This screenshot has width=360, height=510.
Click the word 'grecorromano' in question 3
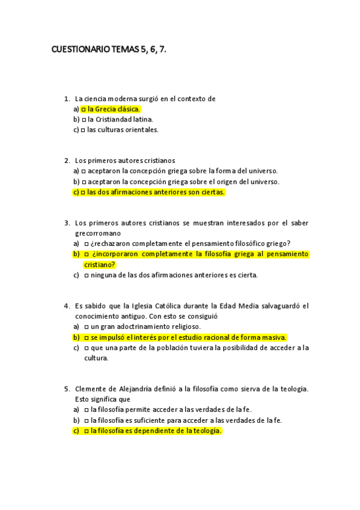98,233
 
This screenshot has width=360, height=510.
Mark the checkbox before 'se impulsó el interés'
87,337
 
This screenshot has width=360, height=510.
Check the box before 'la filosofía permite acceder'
87,410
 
